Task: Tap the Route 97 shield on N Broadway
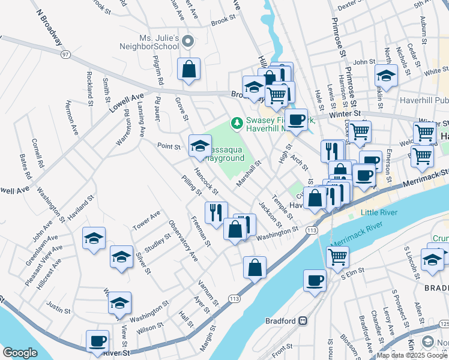[65, 55]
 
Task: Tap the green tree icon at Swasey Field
[237, 123]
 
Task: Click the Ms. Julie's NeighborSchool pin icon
[188, 41]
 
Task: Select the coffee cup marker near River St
[97, 341]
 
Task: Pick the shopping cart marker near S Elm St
[337, 256]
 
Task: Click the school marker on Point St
[200, 145]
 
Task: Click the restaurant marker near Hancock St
[216, 211]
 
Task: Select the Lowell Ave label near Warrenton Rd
[127, 103]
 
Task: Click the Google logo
[20, 353]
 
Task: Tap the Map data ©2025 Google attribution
[412, 355]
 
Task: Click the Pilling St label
[192, 185]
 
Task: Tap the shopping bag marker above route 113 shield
[255, 267]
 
